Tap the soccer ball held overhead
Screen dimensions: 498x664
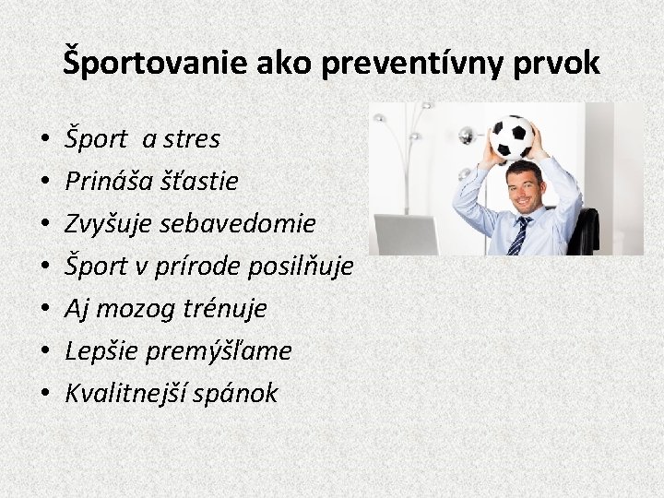[x=512, y=137]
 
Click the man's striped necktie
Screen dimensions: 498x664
[x=519, y=234]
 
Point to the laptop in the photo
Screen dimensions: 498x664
[x=407, y=234]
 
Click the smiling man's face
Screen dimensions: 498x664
[x=524, y=188]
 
